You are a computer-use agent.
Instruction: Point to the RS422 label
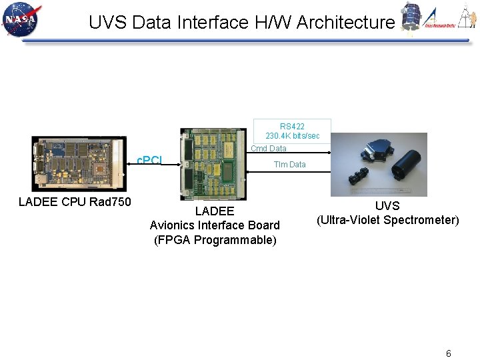point(292,127)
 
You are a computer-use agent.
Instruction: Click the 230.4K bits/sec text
point(292,136)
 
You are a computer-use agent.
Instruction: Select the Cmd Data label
point(269,149)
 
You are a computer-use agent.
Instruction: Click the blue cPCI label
point(149,161)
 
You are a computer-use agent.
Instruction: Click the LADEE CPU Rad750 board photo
point(79,164)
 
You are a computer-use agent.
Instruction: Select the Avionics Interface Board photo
point(213,164)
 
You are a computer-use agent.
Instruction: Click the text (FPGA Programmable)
point(215,240)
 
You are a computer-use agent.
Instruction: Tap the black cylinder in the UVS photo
point(405,163)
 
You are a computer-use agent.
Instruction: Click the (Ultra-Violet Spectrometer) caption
point(387,220)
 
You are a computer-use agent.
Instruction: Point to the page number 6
point(448,353)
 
